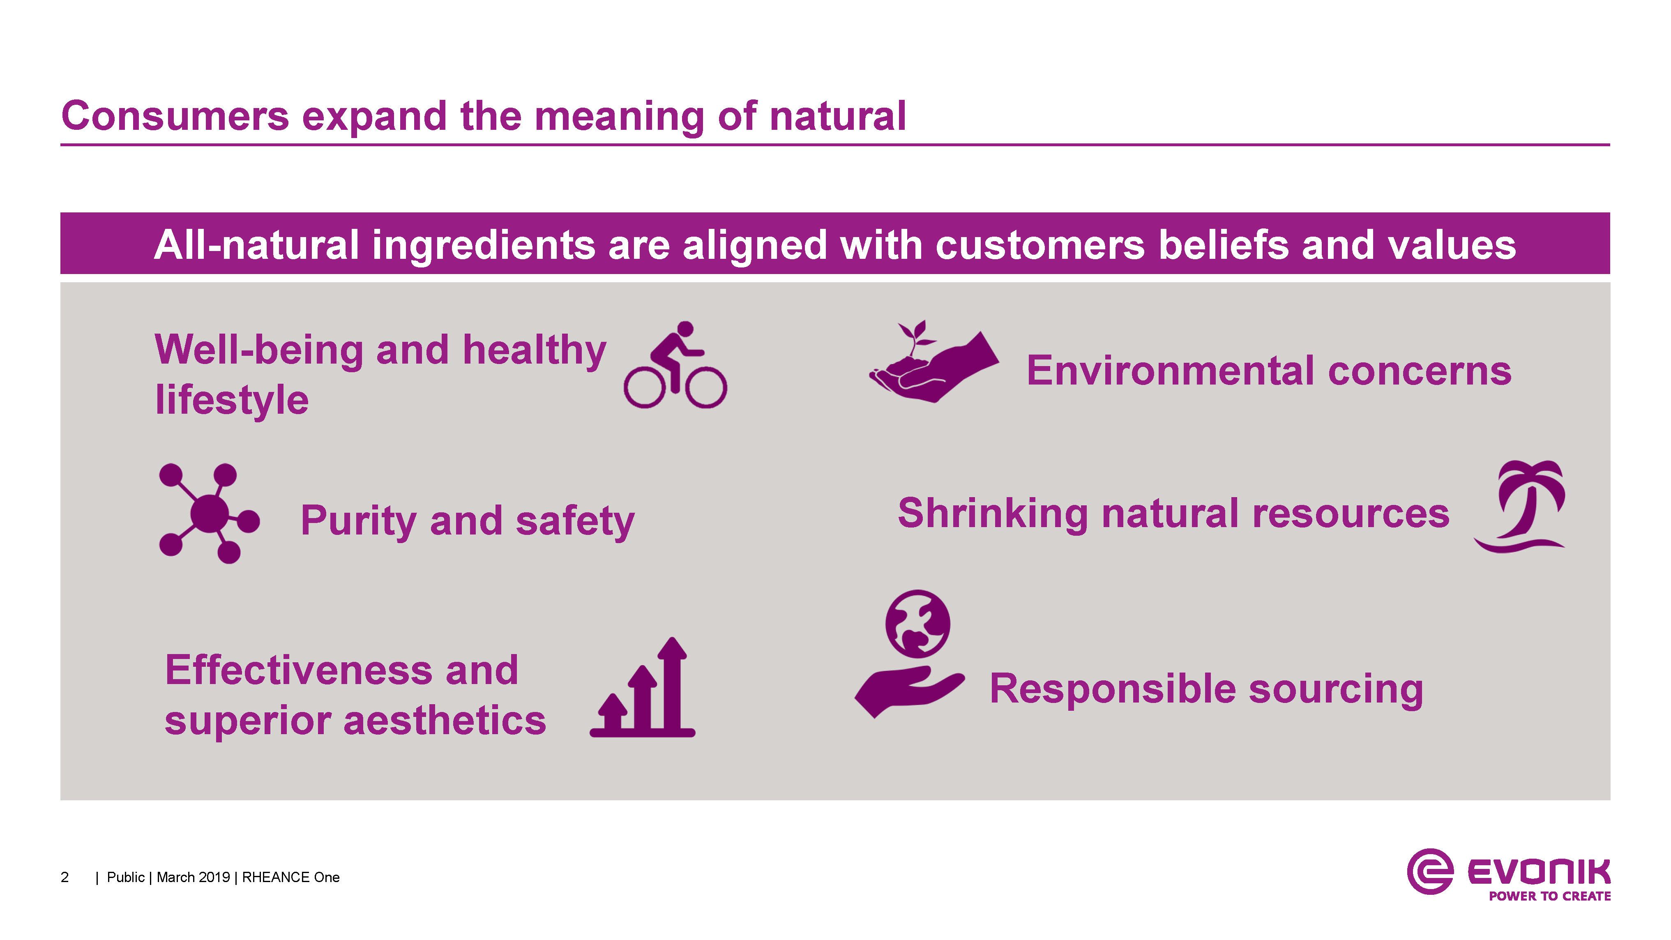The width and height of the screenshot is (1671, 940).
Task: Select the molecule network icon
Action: (x=209, y=513)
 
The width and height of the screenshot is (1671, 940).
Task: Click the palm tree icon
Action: (x=1520, y=507)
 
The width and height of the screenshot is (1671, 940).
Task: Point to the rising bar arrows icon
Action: (x=642, y=688)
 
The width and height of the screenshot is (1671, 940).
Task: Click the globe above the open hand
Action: (x=917, y=623)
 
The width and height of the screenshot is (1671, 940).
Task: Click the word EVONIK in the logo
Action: (x=1539, y=872)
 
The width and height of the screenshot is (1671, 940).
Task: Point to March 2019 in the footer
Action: (x=193, y=877)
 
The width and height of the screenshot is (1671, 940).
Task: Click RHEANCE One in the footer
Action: (x=290, y=877)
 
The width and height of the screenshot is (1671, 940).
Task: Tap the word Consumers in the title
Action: (x=175, y=116)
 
